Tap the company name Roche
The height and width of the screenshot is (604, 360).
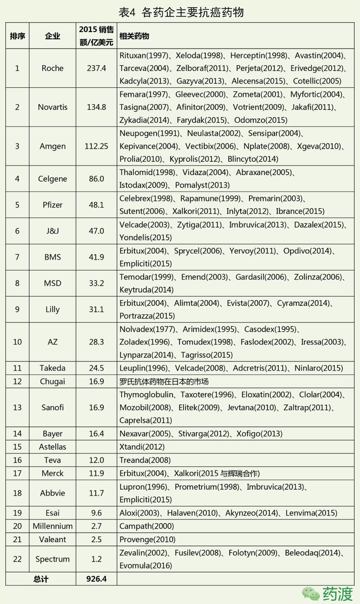point(52,68)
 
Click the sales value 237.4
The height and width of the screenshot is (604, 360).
point(96,68)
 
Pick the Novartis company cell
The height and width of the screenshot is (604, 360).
point(52,107)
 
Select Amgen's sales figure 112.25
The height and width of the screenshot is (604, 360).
point(96,146)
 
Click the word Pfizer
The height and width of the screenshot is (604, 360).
point(52,205)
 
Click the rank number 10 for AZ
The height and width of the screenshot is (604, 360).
point(17,342)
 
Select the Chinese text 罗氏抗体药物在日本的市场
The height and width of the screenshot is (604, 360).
point(164,381)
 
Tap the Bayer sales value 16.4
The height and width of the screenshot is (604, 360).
point(96,433)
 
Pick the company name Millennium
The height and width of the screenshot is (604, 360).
point(52,526)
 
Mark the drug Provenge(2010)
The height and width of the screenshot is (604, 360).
point(147,539)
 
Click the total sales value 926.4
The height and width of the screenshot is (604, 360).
point(96,579)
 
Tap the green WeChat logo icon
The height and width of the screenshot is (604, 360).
point(311,593)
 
